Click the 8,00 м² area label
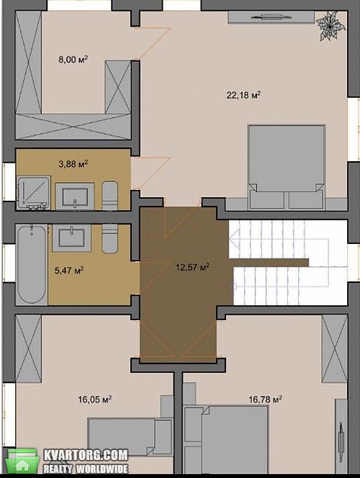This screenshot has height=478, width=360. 73,59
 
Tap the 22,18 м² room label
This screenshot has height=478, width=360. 243,95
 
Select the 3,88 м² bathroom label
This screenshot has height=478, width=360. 73,164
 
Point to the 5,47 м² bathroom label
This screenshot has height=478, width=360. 69,270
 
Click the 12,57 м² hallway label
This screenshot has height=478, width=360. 193,267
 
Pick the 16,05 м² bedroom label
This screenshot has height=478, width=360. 94,399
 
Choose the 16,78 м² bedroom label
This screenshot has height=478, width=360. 265,399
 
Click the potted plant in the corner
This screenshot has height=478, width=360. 330,27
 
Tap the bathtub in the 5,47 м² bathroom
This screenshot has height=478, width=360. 32,264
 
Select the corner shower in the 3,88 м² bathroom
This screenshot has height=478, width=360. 34,193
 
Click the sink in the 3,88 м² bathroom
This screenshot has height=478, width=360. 75,197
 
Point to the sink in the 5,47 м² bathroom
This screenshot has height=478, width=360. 71,238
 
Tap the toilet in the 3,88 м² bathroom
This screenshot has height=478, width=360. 109,195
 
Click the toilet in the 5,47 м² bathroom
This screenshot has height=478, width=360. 109,238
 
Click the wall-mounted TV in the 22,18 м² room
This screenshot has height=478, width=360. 271,17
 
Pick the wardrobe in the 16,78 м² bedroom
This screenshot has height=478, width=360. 334,348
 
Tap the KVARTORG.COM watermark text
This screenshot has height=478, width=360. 86,456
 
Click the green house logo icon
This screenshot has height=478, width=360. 22,461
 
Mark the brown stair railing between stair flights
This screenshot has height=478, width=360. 269,263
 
